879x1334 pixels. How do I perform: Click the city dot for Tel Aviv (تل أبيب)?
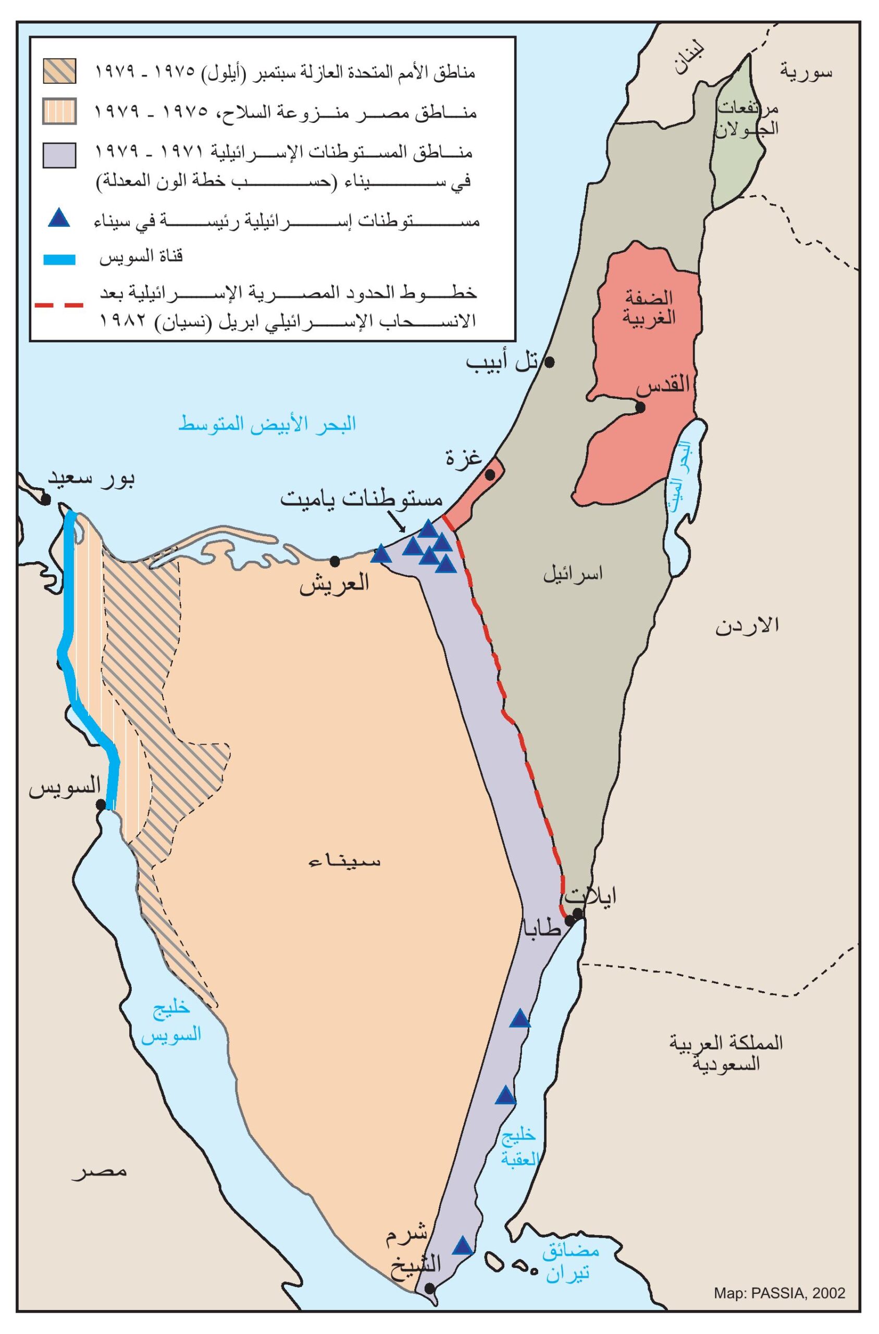(x=549, y=362)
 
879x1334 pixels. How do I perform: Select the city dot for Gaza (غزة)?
(x=490, y=474)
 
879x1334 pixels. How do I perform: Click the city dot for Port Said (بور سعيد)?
(x=46, y=499)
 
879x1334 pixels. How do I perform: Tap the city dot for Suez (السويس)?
(x=101, y=805)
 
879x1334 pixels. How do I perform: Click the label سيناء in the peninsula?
(x=345, y=860)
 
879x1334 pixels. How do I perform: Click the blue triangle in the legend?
(x=58, y=218)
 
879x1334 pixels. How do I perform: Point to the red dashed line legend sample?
(x=58, y=305)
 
